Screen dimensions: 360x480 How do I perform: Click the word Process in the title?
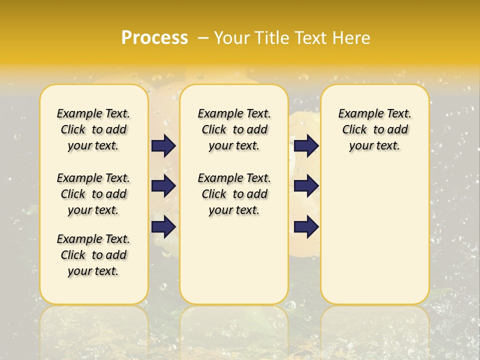154,37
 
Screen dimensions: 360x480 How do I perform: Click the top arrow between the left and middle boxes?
163,145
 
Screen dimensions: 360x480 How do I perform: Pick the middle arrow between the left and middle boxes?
163,186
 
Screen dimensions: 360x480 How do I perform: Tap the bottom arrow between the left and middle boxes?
163,226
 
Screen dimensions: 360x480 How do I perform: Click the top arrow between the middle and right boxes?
306,145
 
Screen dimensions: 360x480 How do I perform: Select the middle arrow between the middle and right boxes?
306,186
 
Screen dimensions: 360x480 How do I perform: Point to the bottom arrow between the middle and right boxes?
306,226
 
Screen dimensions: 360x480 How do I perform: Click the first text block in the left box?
93,129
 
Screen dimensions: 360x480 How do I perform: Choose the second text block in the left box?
93,194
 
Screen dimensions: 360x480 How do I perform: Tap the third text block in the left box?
93,255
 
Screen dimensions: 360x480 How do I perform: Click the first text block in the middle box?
234,129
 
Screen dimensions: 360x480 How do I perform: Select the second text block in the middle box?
234,194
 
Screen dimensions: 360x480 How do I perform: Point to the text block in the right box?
375,129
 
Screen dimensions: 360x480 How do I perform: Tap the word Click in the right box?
354,129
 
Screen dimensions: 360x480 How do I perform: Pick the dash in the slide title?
203,37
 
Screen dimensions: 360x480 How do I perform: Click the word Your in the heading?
232,37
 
